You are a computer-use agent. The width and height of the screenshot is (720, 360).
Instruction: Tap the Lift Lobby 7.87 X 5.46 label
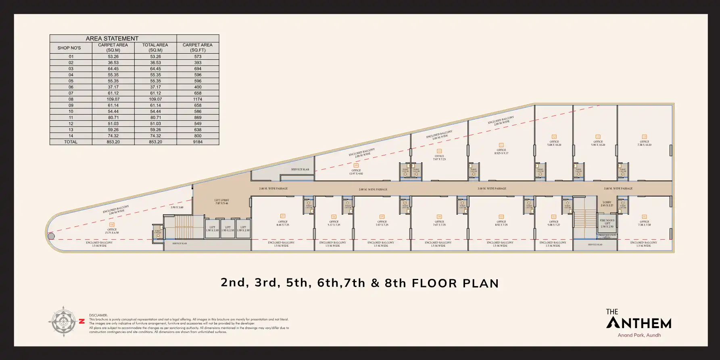click(221, 201)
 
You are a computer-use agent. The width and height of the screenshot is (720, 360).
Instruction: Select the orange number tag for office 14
click(644, 137)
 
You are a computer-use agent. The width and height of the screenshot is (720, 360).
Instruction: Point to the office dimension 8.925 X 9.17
click(501, 153)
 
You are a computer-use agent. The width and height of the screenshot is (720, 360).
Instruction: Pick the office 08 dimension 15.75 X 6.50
click(112, 233)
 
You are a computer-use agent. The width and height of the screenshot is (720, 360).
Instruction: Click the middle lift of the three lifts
click(228, 229)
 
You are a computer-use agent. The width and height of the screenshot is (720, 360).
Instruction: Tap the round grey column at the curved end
click(51, 236)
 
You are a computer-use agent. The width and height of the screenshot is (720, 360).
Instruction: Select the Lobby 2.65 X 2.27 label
click(607, 204)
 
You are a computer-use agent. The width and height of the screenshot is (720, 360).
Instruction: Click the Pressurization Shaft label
click(607, 236)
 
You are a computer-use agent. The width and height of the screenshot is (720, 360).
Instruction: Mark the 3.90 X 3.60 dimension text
click(177, 207)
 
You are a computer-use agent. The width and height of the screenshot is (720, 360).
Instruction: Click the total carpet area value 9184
click(198, 142)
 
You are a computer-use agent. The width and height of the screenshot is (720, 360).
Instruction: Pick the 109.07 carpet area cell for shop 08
click(113, 99)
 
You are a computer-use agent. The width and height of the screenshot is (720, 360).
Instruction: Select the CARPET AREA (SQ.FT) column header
click(198, 48)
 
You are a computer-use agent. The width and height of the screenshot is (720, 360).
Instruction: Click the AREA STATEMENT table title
click(112, 38)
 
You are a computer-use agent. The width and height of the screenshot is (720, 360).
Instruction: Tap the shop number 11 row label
click(71, 117)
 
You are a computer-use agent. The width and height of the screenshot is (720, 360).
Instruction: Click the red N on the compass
click(82, 322)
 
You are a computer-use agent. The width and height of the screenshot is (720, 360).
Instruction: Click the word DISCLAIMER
click(98, 315)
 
